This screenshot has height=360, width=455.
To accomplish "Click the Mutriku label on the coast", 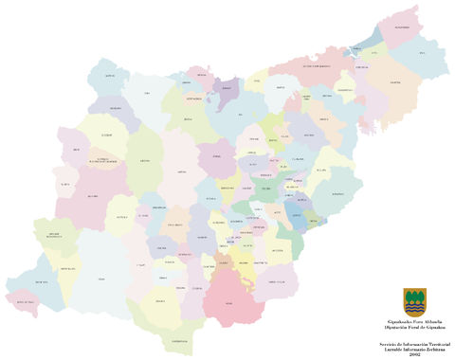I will click(x=110, y=74).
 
